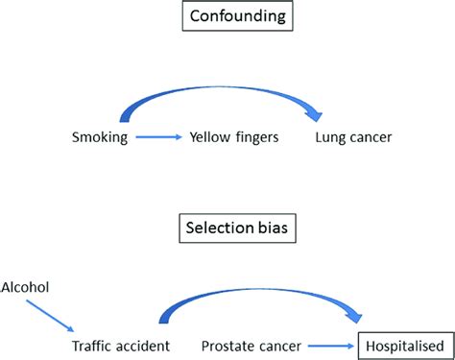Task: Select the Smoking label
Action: (99, 138)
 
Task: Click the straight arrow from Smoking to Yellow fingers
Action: (156, 138)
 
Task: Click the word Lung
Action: (329, 138)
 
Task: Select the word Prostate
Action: (227, 345)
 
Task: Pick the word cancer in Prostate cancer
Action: (279, 345)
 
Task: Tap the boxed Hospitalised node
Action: (404, 345)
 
